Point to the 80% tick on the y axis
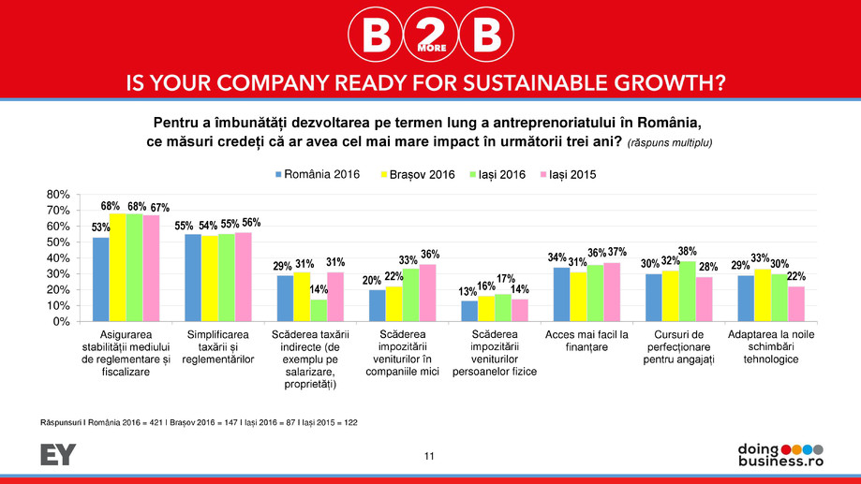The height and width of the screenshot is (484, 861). tap(58, 194)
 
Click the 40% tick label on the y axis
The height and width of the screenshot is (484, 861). tap(58, 257)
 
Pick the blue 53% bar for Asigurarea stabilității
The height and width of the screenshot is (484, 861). tap(100, 279)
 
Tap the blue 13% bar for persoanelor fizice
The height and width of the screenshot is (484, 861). tap(468, 311)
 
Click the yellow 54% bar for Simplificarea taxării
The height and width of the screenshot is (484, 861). tap(210, 278)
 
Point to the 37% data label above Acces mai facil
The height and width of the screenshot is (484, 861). tap(615, 253)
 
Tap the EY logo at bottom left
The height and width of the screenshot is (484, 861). tap(58, 455)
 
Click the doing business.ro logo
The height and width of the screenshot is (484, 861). tap(779, 455)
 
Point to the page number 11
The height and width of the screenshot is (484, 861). tap(430, 456)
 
